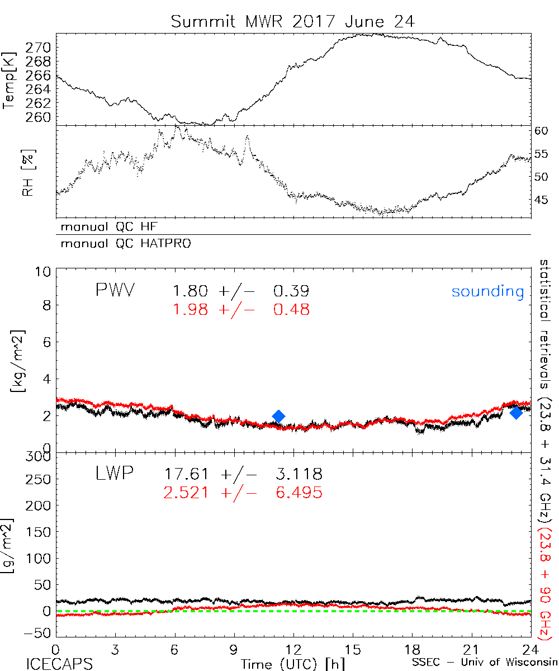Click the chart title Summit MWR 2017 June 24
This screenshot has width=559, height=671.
(x=293, y=22)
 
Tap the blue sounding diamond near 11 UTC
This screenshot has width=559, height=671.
(x=278, y=415)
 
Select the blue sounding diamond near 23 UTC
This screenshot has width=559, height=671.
(x=516, y=413)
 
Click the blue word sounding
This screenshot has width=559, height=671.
(x=488, y=291)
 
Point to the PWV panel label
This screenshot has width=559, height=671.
(x=115, y=290)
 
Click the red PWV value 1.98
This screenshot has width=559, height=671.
(x=190, y=309)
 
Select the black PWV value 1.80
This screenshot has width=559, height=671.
(x=190, y=291)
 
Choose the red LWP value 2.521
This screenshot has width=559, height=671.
(x=186, y=493)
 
